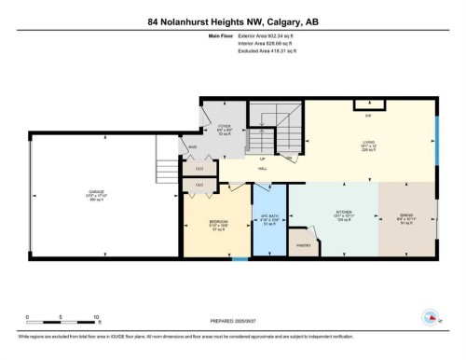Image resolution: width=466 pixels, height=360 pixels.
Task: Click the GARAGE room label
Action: [x=96, y=193]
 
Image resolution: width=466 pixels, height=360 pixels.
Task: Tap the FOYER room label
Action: [x=225, y=131]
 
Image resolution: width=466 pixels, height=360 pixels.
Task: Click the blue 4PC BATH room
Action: [x=270, y=224]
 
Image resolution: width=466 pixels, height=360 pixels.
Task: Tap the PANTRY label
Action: [x=304, y=245]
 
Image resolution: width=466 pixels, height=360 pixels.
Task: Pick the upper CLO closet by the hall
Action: [x=199, y=168]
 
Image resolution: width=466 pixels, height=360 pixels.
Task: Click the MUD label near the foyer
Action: [x=193, y=146]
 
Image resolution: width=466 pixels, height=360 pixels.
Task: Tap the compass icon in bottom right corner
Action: [x=432, y=316]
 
